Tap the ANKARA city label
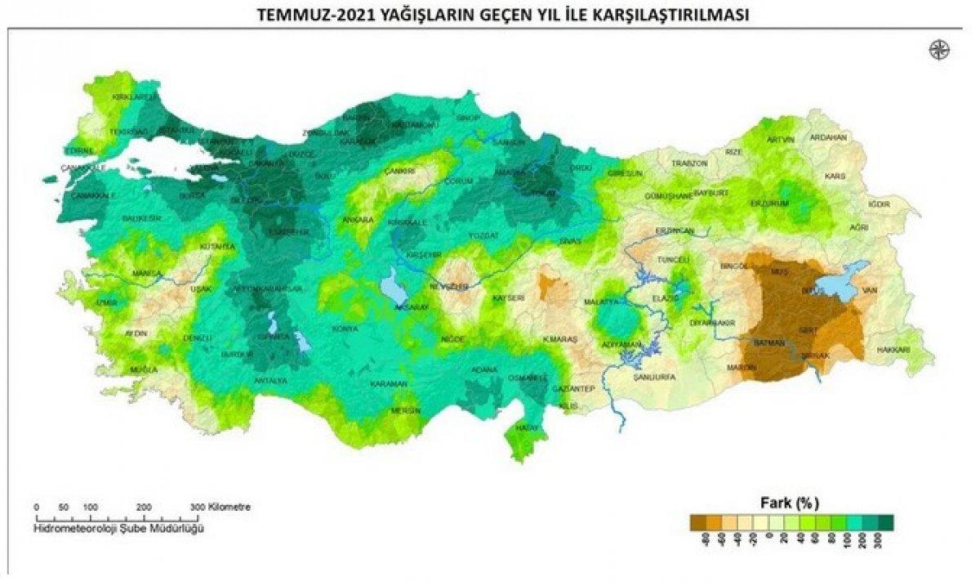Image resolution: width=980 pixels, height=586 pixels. point(358,220)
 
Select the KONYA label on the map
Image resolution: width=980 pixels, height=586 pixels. point(345,329)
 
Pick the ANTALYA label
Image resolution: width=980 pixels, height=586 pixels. point(270,381)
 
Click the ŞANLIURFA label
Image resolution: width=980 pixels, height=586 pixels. point(655,378)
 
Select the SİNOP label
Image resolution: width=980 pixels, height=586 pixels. point(468,119)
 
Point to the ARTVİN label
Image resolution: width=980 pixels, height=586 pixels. point(780,140)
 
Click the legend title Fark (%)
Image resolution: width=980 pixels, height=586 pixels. point(783,501)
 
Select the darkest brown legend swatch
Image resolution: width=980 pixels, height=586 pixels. point(698,521)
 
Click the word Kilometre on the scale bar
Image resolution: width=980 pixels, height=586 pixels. point(229,507)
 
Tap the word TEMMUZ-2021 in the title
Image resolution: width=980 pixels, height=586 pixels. point(303,15)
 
